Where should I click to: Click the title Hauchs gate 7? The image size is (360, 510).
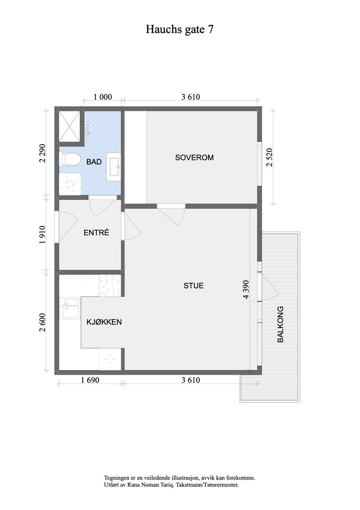click(x=180, y=29)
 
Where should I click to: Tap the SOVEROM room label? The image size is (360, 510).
click(x=194, y=158)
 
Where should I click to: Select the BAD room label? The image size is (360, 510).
click(x=94, y=162)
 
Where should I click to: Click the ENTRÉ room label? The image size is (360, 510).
click(x=96, y=232)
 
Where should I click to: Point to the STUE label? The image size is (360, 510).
click(x=193, y=286)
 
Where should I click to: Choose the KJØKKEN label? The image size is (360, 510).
click(x=104, y=322)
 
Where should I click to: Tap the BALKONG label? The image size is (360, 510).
click(x=280, y=324)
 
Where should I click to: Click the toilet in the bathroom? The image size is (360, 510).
click(x=71, y=159)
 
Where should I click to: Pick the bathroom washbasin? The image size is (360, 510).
click(x=114, y=167)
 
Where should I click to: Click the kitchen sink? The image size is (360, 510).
click(x=69, y=308)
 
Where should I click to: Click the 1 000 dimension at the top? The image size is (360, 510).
click(x=102, y=97)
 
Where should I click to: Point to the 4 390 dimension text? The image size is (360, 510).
click(x=246, y=291)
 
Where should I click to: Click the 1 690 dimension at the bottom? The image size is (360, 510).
click(x=90, y=380)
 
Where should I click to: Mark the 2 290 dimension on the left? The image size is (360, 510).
click(x=42, y=153)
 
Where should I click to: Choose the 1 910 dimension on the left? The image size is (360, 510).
click(x=42, y=235)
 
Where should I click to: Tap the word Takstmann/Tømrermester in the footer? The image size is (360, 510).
click(x=213, y=484)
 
